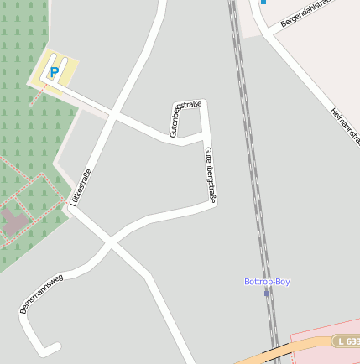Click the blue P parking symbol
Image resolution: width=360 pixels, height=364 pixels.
(x=55, y=73)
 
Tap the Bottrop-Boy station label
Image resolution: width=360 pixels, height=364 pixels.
(x=267, y=282)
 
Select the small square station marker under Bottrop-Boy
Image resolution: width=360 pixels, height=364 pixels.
(x=267, y=293)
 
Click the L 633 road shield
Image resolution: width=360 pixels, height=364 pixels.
(x=347, y=341)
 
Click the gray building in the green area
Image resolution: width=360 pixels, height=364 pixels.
(x=13, y=221)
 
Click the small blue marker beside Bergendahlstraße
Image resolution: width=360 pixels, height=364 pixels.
(x=263, y=3)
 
